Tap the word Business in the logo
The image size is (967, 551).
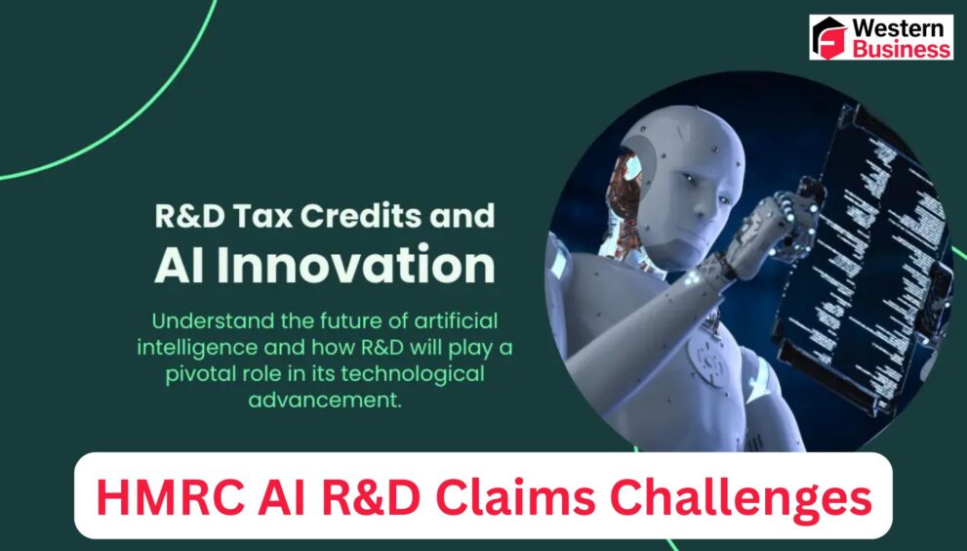901,48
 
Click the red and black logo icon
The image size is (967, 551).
829,38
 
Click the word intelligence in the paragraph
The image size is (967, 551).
191,347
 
